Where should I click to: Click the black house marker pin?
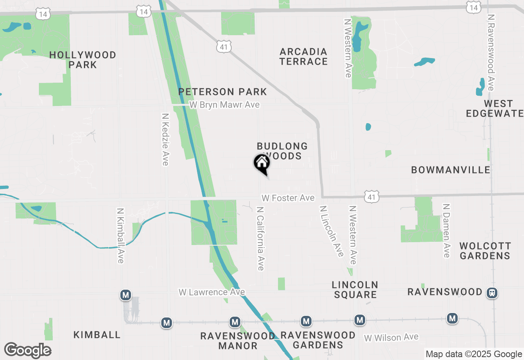pyautogui.click(x=262, y=163)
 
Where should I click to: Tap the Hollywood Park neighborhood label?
pyautogui.click(x=83, y=60)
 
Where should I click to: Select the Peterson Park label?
pyautogui.click(x=223, y=92)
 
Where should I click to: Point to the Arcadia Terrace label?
pyautogui.click(x=304, y=56)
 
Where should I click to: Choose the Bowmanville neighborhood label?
pyautogui.click(x=451, y=170)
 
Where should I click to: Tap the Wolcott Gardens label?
pyautogui.click(x=485, y=251)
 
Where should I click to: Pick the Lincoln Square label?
pyautogui.click(x=355, y=289)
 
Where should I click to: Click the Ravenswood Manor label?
pyautogui.click(x=238, y=341)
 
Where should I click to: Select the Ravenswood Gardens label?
pyautogui.click(x=318, y=340)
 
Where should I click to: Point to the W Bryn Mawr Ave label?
pyautogui.click(x=224, y=105)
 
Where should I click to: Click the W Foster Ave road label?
pyautogui.click(x=288, y=198)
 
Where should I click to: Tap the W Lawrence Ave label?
pyautogui.click(x=212, y=292)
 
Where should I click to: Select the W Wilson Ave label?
pyautogui.click(x=391, y=337)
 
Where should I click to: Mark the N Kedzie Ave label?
pyautogui.click(x=165, y=139)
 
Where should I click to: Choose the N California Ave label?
pyautogui.click(x=260, y=238)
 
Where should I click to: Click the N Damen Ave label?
pyautogui.click(x=446, y=231)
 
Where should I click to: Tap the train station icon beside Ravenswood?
pyautogui.click(x=492, y=292)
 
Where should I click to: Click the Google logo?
pyautogui.click(x=27, y=350)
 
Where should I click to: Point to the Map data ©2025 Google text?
pyautogui.click(x=474, y=354)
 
